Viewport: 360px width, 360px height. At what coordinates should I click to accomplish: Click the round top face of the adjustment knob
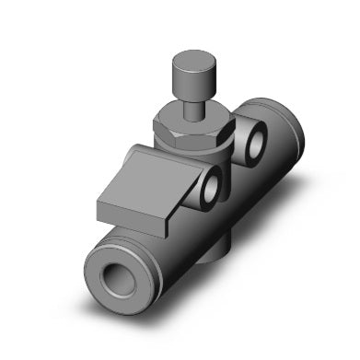click(188, 64)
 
